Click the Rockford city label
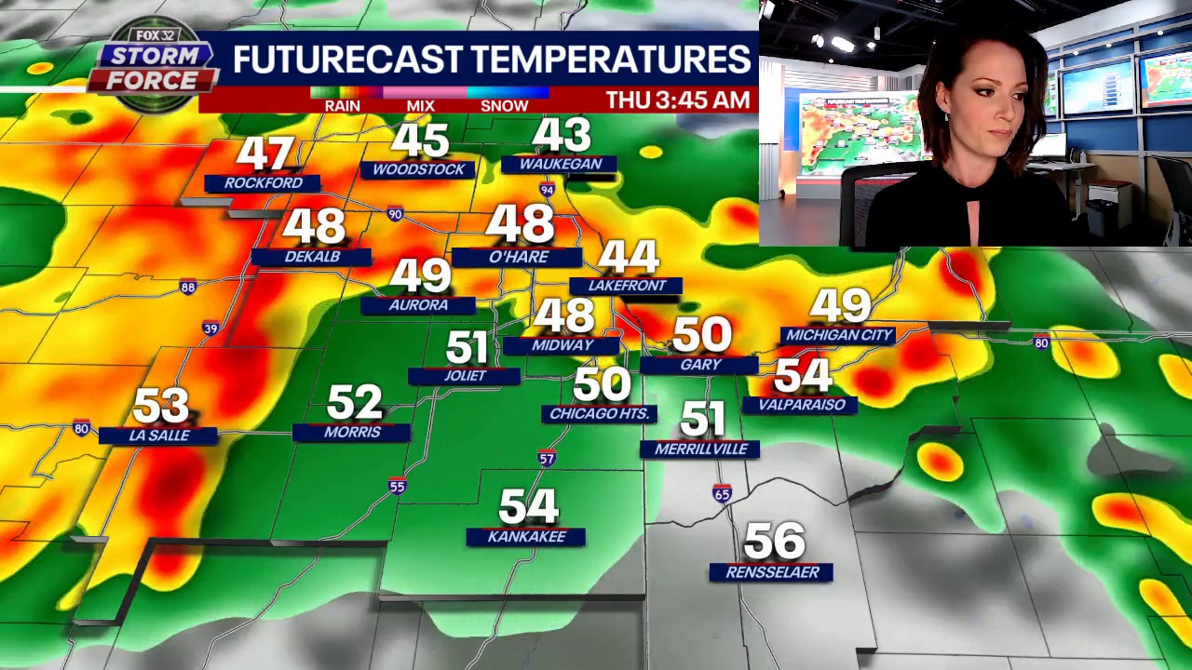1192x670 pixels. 263,183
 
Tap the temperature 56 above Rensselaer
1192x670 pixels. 775,541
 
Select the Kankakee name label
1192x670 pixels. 526,537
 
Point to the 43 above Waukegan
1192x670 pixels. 562,136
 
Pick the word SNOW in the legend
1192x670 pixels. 504,106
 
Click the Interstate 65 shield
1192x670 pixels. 722,494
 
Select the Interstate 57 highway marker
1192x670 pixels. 547,458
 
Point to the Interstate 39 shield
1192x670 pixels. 210,328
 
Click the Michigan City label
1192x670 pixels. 839,335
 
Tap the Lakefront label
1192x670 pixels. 627,286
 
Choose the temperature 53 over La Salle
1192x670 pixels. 160,406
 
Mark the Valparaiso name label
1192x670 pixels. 801,405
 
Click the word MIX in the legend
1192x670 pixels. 420,106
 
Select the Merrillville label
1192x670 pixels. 700,449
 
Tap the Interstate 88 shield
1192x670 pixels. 188,288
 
